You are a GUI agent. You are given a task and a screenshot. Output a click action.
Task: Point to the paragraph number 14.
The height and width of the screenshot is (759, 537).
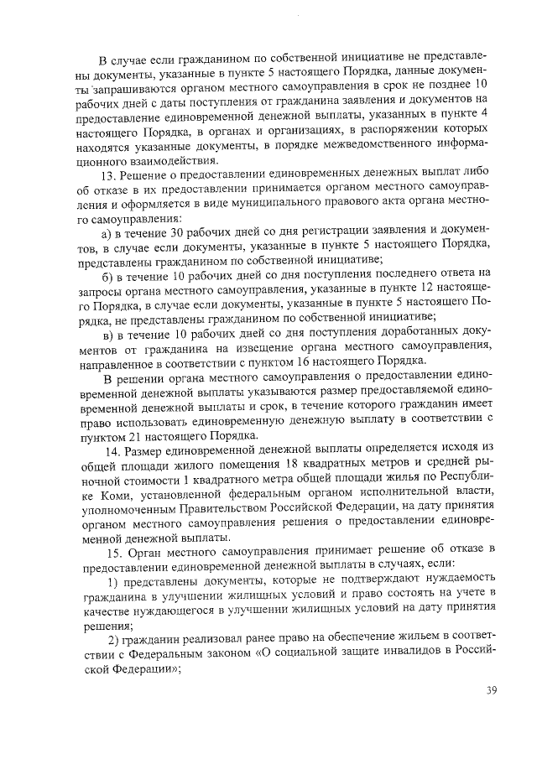coord(108,453)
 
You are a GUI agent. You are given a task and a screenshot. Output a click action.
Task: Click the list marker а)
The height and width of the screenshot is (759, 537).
coord(106,229)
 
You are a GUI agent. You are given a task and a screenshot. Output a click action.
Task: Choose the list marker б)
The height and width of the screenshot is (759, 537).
coord(106,273)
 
